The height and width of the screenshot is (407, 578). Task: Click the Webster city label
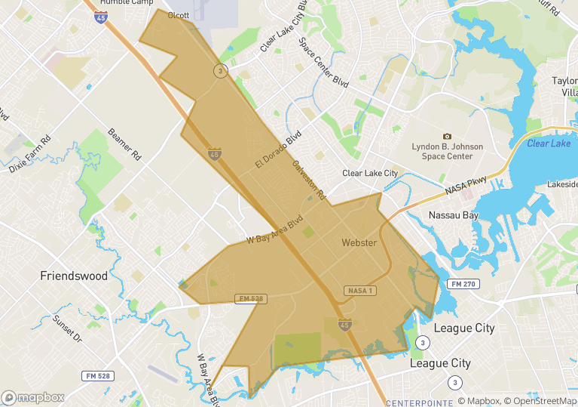(x=359, y=242)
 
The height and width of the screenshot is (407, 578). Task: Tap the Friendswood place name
(x=74, y=276)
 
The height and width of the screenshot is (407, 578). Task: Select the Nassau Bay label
(x=453, y=215)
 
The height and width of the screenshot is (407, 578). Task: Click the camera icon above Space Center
(x=447, y=136)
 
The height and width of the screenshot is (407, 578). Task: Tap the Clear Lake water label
(x=549, y=143)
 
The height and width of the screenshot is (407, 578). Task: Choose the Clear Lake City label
(x=370, y=173)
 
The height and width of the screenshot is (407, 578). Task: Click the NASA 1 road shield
(x=359, y=291)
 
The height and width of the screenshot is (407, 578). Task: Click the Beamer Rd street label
(x=125, y=143)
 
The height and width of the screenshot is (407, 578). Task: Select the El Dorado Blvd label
(x=278, y=150)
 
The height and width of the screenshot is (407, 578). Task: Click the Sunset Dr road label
(x=67, y=328)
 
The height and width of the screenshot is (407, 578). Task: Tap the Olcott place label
(x=179, y=15)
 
